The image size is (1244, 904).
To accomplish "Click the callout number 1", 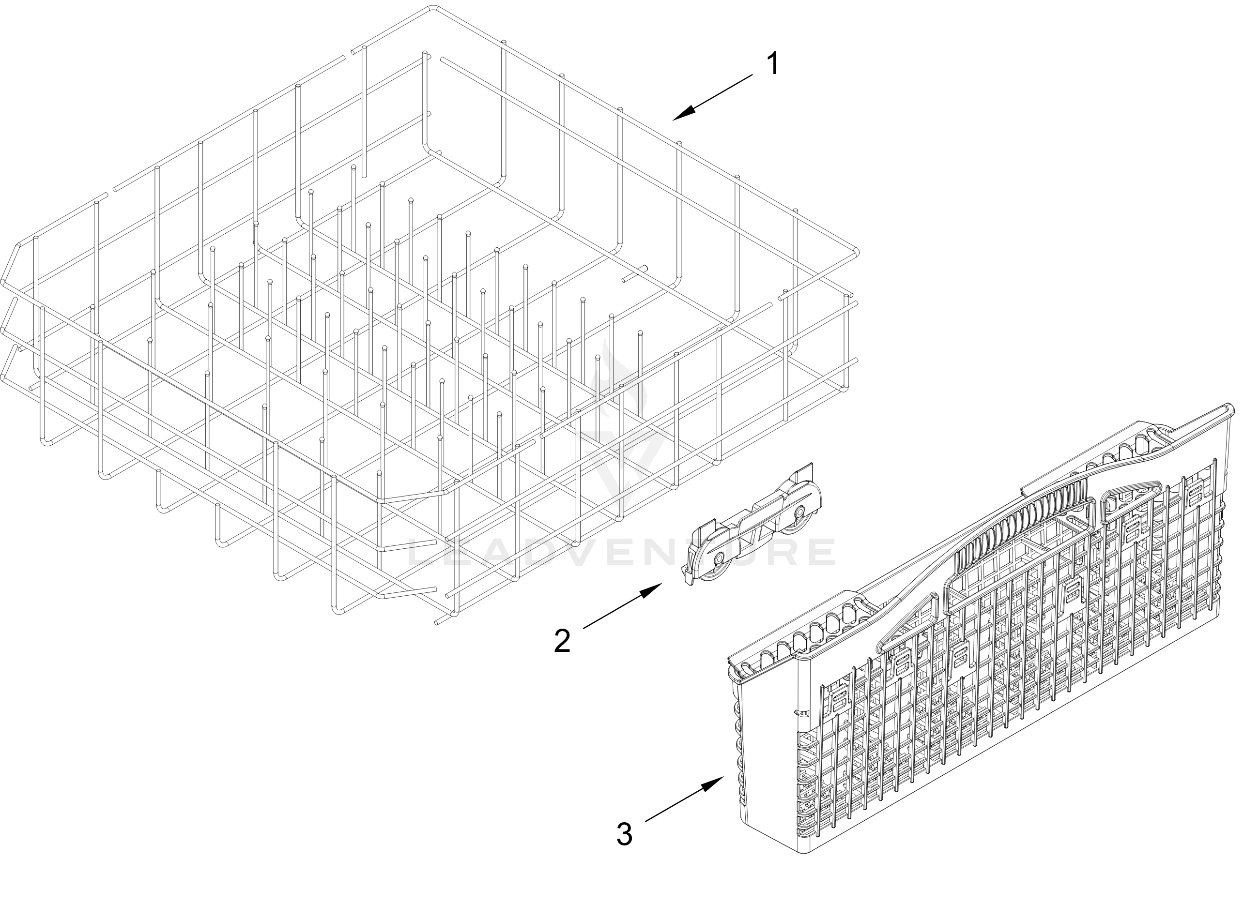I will coord(773,64).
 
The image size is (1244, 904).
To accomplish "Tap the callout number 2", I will coord(562,640).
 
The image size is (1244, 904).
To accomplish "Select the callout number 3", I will coord(624,834).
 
